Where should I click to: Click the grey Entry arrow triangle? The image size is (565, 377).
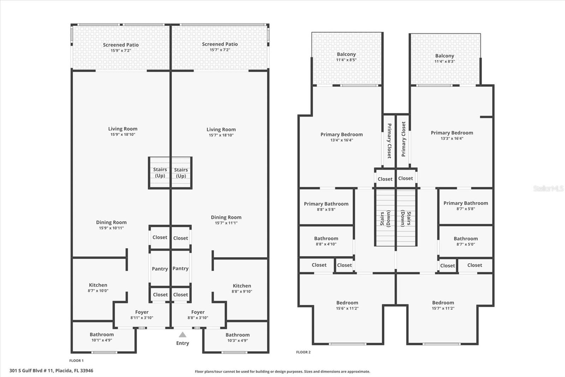pyautogui.click(x=182, y=335)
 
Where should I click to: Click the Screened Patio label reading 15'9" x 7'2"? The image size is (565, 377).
pyautogui.click(x=121, y=47)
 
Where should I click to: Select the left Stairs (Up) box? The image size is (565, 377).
pyautogui.click(x=160, y=173)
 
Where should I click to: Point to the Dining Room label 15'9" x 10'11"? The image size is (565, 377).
pyautogui.click(x=111, y=225)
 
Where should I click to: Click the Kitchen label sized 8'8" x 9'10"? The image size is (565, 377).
pyautogui.click(x=242, y=288)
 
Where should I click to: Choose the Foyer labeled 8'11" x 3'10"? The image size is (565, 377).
pyautogui.click(x=142, y=315)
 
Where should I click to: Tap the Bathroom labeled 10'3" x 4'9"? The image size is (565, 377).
pyautogui.click(x=237, y=337)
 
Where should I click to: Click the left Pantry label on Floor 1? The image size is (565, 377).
pyautogui.click(x=160, y=269)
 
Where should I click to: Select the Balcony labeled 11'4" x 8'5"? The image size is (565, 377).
pyautogui.click(x=346, y=57)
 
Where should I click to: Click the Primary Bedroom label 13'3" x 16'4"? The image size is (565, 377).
pyautogui.click(x=452, y=135)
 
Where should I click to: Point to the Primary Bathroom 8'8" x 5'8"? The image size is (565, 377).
pyautogui.click(x=326, y=206)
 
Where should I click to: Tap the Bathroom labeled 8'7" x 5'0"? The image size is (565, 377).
pyautogui.click(x=465, y=241)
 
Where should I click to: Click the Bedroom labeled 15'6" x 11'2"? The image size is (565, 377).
pyautogui.click(x=347, y=305)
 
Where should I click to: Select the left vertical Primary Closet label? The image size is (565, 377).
pyautogui.click(x=389, y=140)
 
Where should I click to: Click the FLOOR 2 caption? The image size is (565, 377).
pyautogui.click(x=303, y=352)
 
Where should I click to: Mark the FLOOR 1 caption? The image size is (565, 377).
pyautogui.click(x=76, y=361)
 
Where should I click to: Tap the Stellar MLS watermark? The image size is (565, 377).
pyautogui.click(x=548, y=188)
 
